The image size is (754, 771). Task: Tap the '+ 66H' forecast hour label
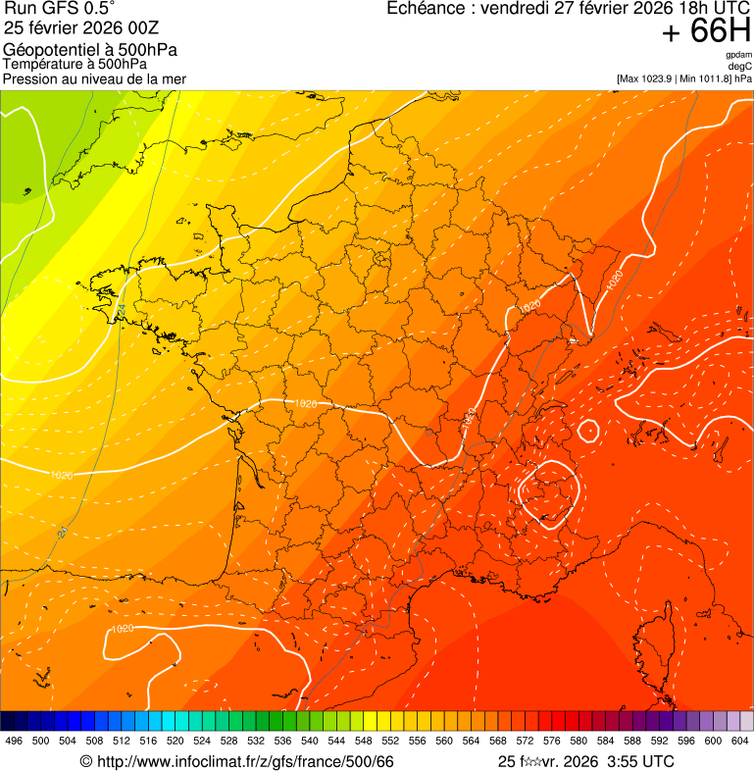pos(706,31)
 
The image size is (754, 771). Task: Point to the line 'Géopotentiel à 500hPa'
pos(90,50)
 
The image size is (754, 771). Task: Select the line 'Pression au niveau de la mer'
pos(94,78)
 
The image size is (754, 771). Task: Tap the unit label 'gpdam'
pos(738,55)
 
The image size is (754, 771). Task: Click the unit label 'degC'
pos(740,66)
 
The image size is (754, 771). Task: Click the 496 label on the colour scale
pos(14,741)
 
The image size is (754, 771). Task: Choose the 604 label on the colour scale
pos(740,741)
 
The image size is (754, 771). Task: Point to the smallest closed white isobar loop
pos(588,431)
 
